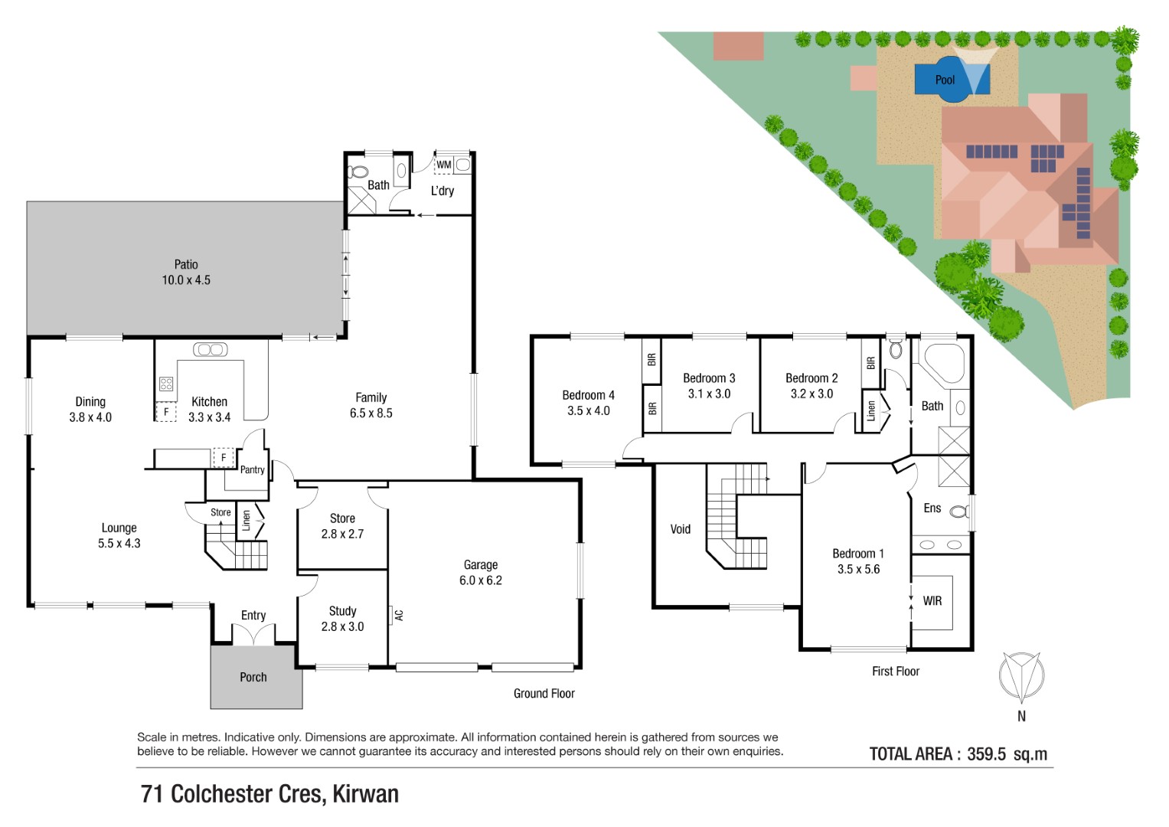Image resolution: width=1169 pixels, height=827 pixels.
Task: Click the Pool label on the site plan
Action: (x=945, y=80)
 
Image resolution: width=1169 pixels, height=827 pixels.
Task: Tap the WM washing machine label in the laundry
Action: (x=443, y=165)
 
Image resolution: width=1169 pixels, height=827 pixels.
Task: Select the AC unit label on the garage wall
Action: (x=399, y=615)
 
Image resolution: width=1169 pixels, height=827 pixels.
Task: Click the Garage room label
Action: (x=481, y=564)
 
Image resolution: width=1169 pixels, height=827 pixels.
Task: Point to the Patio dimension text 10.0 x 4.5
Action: (x=186, y=279)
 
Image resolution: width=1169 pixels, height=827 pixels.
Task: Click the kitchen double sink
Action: (x=210, y=349)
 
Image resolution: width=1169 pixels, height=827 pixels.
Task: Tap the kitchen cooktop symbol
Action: (x=166, y=384)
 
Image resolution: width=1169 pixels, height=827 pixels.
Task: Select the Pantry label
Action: (x=252, y=470)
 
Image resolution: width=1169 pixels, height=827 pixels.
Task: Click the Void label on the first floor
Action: (x=680, y=529)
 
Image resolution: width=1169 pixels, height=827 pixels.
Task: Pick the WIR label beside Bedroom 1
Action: (x=932, y=601)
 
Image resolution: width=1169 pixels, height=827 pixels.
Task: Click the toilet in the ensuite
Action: (x=958, y=512)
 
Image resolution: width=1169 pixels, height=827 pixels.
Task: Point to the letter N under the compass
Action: (x=1021, y=716)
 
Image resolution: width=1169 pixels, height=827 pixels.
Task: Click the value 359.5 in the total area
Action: (x=986, y=754)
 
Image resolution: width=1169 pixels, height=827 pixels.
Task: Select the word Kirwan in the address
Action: (x=365, y=794)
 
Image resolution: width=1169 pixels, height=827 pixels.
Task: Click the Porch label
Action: (x=253, y=677)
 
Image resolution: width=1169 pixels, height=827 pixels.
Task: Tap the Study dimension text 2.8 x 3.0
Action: (x=342, y=626)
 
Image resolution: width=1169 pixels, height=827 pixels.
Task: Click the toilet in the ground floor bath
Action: (x=358, y=172)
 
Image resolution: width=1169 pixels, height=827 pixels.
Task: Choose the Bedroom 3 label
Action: (x=709, y=378)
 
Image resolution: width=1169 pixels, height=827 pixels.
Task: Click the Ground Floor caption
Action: (x=544, y=693)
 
